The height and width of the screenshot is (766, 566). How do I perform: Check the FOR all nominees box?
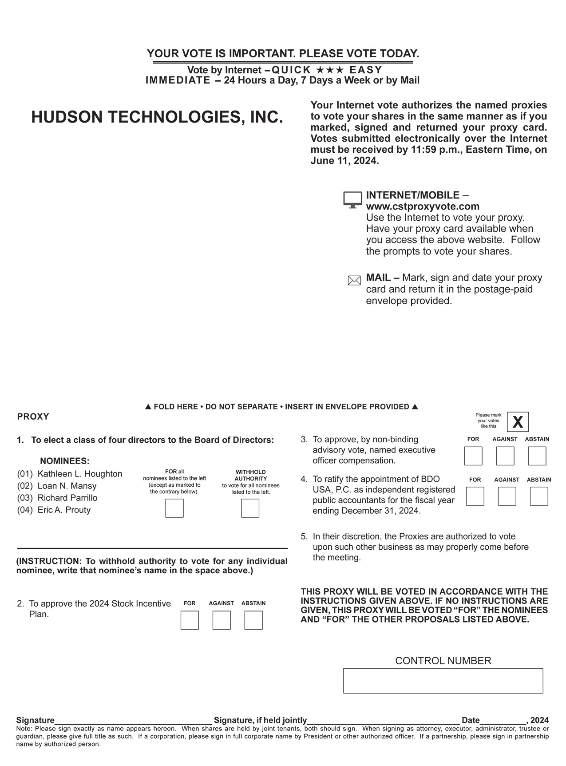[174, 508]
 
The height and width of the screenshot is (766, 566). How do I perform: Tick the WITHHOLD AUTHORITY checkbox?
[250, 508]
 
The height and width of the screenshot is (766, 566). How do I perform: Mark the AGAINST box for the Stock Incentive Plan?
[222, 620]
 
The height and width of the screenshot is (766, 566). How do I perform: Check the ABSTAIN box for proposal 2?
[253, 620]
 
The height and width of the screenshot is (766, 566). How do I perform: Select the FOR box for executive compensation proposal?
[473, 456]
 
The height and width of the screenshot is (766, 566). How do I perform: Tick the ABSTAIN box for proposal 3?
[537, 456]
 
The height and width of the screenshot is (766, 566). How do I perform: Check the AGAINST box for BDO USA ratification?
[507, 496]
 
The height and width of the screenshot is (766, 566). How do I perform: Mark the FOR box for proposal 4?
[475, 496]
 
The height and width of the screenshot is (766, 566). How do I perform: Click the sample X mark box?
[518, 422]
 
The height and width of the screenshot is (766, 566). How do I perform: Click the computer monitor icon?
[352, 200]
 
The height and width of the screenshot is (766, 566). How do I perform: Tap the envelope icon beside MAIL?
[354, 280]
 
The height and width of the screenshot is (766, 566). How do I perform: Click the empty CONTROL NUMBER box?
[443, 680]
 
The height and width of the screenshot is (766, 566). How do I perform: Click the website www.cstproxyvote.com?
[423, 206]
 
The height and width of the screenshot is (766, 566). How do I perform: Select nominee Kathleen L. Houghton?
[79, 474]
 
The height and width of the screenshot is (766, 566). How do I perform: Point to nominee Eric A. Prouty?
[64, 510]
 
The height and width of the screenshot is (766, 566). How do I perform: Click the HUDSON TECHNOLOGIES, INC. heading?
[157, 117]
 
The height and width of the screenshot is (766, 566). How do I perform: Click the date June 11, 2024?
[344, 161]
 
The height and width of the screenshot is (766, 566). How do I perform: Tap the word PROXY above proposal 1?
[33, 417]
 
